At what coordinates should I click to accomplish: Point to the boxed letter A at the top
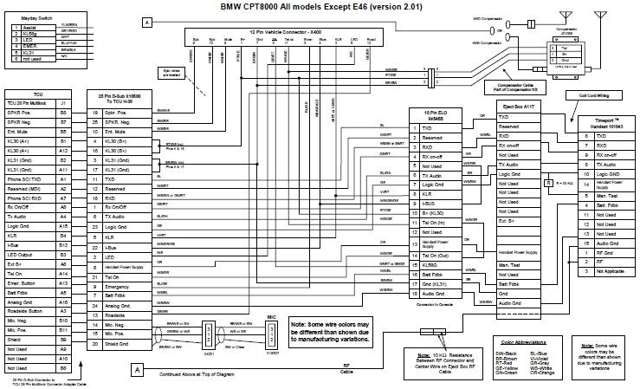[x=147, y=21]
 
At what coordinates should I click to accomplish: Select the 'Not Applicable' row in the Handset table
[x=603, y=296]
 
